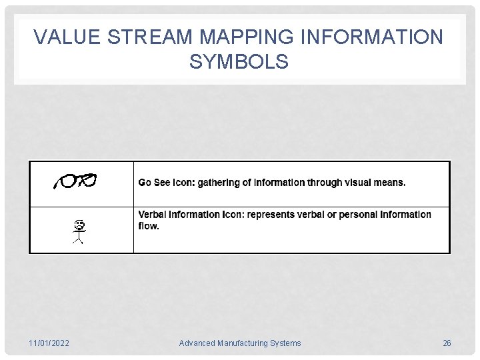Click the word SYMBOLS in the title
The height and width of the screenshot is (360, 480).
239,62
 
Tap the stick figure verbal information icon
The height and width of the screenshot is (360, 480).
78,231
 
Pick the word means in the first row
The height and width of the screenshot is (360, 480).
389,183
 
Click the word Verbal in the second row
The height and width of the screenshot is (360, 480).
153,215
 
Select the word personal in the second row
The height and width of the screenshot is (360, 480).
358,215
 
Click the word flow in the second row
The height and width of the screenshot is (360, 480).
148,226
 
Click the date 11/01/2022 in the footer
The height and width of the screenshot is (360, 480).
49,343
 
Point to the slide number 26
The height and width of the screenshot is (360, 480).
447,343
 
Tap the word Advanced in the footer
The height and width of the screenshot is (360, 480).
197,343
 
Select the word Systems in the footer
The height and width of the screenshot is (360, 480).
285,343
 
